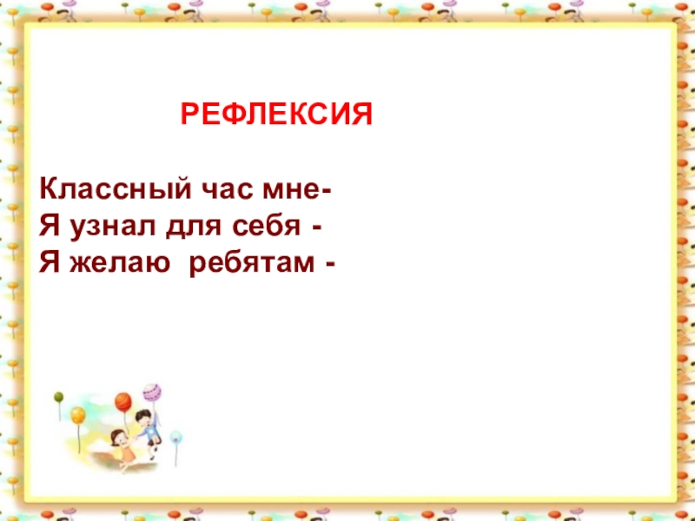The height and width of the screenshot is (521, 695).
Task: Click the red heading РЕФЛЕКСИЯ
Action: (x=276, y=115)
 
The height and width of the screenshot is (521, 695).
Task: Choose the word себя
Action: (x=266, y=227)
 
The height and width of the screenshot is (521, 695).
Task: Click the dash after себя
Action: (x=321, y=228)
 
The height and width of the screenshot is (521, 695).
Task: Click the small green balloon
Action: (x=58, y=398)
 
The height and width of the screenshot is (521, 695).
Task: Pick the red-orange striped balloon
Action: (x=122, y=401)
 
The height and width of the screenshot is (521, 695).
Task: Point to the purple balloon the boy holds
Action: (x=150, y=391)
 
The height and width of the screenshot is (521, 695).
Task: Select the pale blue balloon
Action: (x=176, y=436)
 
